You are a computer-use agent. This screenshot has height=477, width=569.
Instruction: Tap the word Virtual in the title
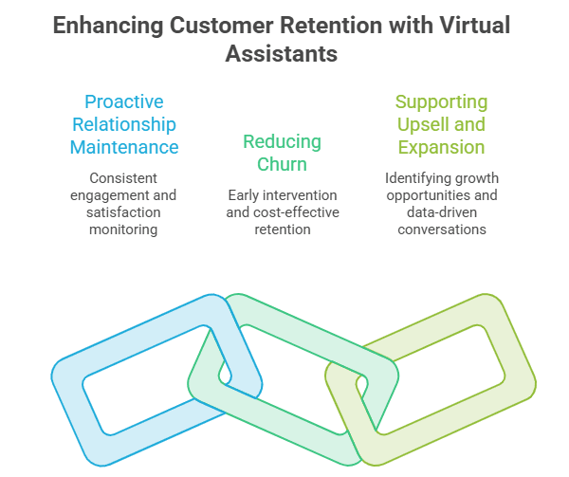(x=475, y=26)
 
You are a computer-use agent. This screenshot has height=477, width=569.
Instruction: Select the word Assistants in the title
(x=282, y=54)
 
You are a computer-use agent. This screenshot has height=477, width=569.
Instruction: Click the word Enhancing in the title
(x=108, y=27)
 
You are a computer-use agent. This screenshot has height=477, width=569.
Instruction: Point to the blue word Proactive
(x=124, y=101)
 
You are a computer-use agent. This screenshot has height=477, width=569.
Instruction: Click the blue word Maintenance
(x=124, y=147)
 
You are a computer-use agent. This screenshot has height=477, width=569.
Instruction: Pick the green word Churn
(x=282, y=164)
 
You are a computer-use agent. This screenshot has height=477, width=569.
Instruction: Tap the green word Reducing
(x=282, y=142)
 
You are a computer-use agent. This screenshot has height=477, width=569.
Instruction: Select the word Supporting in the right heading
(x=441, y=102)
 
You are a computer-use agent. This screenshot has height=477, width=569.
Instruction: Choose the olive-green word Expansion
(x=441, y=148)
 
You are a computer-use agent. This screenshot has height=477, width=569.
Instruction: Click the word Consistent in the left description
(x=123, y=178)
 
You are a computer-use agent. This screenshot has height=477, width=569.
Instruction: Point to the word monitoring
(x=123, y=230)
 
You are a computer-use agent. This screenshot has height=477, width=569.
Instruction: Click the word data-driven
(x=442, y=212)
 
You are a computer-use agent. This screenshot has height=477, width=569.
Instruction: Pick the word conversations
(x=442, y=229)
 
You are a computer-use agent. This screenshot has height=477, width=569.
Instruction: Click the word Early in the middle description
(x=243, y=196)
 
